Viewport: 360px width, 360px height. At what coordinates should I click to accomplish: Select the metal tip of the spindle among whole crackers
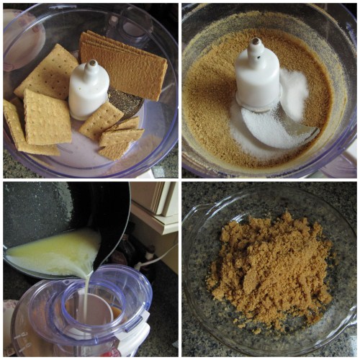click(92, 64)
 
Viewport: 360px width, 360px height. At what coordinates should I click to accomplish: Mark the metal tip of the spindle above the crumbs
click(255, 43)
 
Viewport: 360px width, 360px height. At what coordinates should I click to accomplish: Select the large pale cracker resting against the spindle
click(47, 72)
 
